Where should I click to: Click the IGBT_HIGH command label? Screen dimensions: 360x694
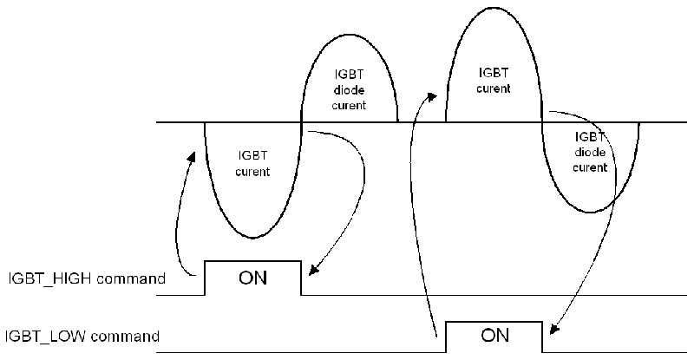(x=86, y=279)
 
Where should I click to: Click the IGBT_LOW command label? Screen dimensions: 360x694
(x=82, y=336)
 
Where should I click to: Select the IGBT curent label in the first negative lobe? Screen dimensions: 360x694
(x=252, y=164)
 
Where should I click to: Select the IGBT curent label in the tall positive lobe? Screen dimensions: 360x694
(x=494, y=80)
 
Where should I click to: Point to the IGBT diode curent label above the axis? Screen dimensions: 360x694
(x=349, y=90)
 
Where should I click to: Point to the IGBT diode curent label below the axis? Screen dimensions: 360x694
(x=590, y=152)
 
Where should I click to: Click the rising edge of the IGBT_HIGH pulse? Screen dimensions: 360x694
(x=204, y=278)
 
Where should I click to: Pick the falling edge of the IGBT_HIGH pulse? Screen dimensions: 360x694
(x=300, y=278)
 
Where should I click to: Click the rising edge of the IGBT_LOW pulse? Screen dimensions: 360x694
(x=446, y=336)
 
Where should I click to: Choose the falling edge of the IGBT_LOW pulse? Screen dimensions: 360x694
(x=543, y=336)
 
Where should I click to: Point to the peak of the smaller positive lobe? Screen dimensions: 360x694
(x=349, y=40)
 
